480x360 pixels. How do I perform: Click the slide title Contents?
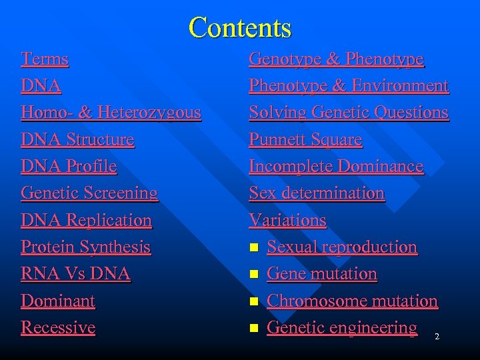point(240,28)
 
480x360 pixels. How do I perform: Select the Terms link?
point(45,59)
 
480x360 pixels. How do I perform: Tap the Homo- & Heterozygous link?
point(111,113)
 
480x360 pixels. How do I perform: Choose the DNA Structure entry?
point(77,140)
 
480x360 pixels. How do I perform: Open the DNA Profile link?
point(69,167)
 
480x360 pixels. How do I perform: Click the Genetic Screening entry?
point(89,193)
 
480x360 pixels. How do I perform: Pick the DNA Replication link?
point(86,220)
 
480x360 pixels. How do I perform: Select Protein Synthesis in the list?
point(85,247)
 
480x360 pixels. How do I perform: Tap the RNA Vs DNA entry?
point(75,274)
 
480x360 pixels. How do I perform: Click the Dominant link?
point(58,301)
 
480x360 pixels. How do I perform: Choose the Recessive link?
point(58,327)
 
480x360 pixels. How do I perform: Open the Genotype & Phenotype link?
point(336,59)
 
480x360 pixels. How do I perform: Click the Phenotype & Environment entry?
point(349,86)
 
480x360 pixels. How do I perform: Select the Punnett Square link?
point(305,140)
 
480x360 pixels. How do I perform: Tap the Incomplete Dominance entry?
point(336,167)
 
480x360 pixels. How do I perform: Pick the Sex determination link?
point(317,193)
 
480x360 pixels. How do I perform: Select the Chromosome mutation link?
point(352,301)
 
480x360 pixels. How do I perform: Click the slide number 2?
point(437,337)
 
